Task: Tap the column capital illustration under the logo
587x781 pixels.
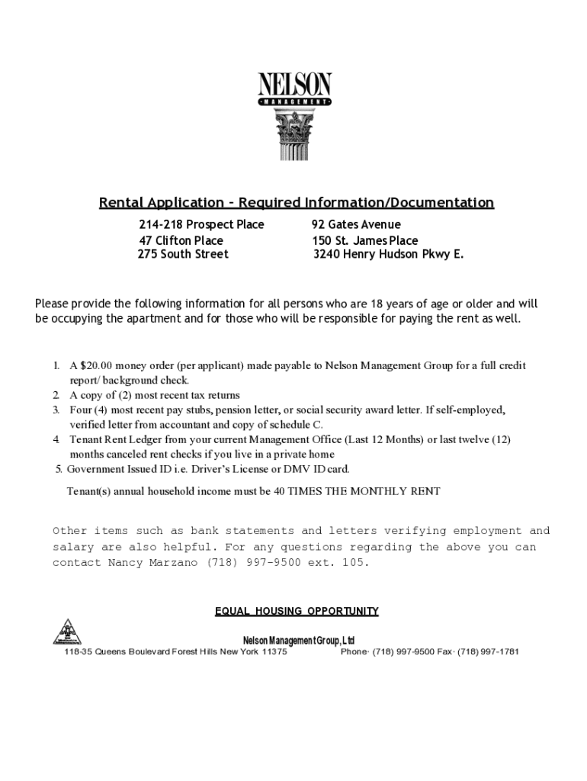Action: [294, 134]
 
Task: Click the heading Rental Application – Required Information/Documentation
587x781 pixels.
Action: [297, 203]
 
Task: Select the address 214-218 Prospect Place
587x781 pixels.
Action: [201, 224]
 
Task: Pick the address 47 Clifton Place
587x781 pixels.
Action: [181, 240]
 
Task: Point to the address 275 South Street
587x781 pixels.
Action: [183, 254]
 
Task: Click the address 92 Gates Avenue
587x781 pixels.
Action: [356, 224]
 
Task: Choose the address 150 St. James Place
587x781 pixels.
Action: [365, 240]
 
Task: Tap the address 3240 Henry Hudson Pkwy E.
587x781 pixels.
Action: [388, 254]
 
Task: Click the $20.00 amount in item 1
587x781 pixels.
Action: [97, 365]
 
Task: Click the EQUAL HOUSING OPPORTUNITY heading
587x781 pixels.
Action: [297, 611]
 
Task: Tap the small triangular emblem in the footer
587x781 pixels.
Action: [67, 632]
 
